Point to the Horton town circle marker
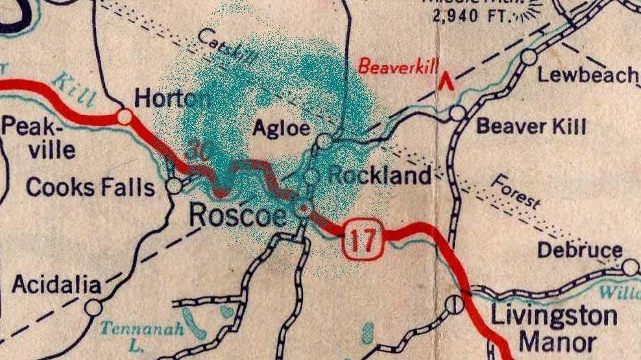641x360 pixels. (125, 117)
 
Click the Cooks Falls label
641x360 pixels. (90, 187)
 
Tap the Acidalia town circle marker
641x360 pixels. (93, 306)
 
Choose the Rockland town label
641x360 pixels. (380, 175)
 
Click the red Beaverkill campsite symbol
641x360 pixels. (445, 81)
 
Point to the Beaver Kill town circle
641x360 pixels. (458, 113)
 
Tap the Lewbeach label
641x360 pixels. (588, 75)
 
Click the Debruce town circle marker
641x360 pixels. (630, 267)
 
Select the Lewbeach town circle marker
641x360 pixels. (529, 57)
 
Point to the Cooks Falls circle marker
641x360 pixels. (174, 186)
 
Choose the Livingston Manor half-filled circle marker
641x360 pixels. (456, 303)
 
